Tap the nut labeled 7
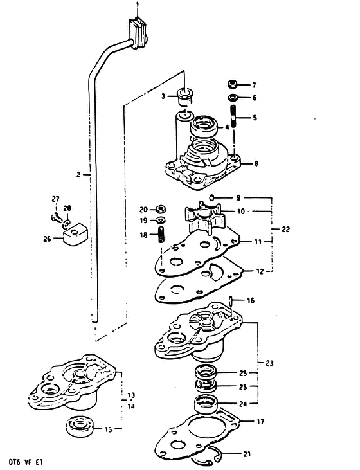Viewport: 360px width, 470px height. [x=233, y=84]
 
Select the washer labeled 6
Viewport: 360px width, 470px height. [x=233, y=98]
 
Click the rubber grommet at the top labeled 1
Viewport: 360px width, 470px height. [x=138, y=33]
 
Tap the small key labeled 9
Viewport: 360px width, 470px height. [x=212, y=197]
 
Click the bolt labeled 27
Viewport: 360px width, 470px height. [x=56, y=217]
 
